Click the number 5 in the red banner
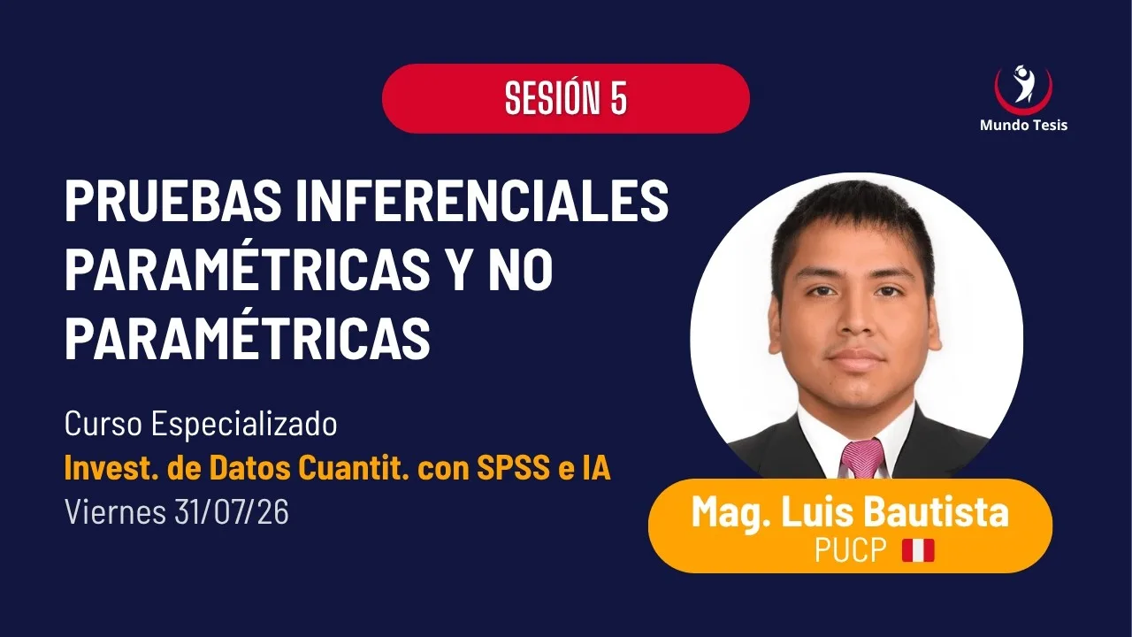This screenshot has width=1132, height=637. (618, 98)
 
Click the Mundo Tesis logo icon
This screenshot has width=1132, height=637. (1023, 89)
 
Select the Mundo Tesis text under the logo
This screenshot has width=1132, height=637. (1023, 125)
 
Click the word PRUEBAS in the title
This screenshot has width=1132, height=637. (173, 201)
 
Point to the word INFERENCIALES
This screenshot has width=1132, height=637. (482, 201)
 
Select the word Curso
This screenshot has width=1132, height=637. (103, 424)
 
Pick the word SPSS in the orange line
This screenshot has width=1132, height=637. (513, 468)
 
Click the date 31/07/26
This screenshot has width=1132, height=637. (232, 512)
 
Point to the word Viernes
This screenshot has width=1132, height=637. (115, 512)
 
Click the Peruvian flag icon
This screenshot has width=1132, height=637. (918, 550)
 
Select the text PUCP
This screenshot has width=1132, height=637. (851, 550)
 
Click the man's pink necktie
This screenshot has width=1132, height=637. (862, 458)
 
